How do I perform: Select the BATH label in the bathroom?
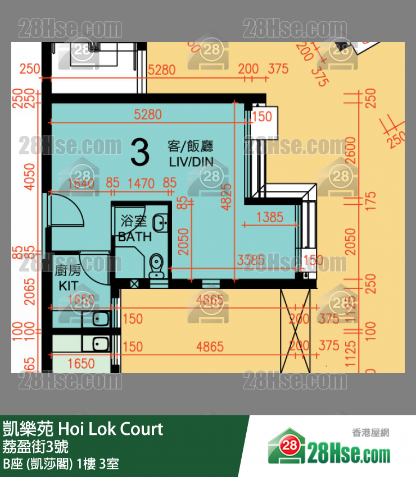(134, 237)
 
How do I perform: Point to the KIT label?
(68, 286)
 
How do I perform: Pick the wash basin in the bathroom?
(161, 223)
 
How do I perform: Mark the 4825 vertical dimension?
(227, 196)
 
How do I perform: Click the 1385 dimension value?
(269, 217)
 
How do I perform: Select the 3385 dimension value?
(251, 260)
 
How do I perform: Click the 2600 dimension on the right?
(352, 149)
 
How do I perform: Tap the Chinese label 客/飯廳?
(191, 146)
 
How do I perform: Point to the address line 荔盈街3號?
(36, 447)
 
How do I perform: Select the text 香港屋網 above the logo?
(370, 432)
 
